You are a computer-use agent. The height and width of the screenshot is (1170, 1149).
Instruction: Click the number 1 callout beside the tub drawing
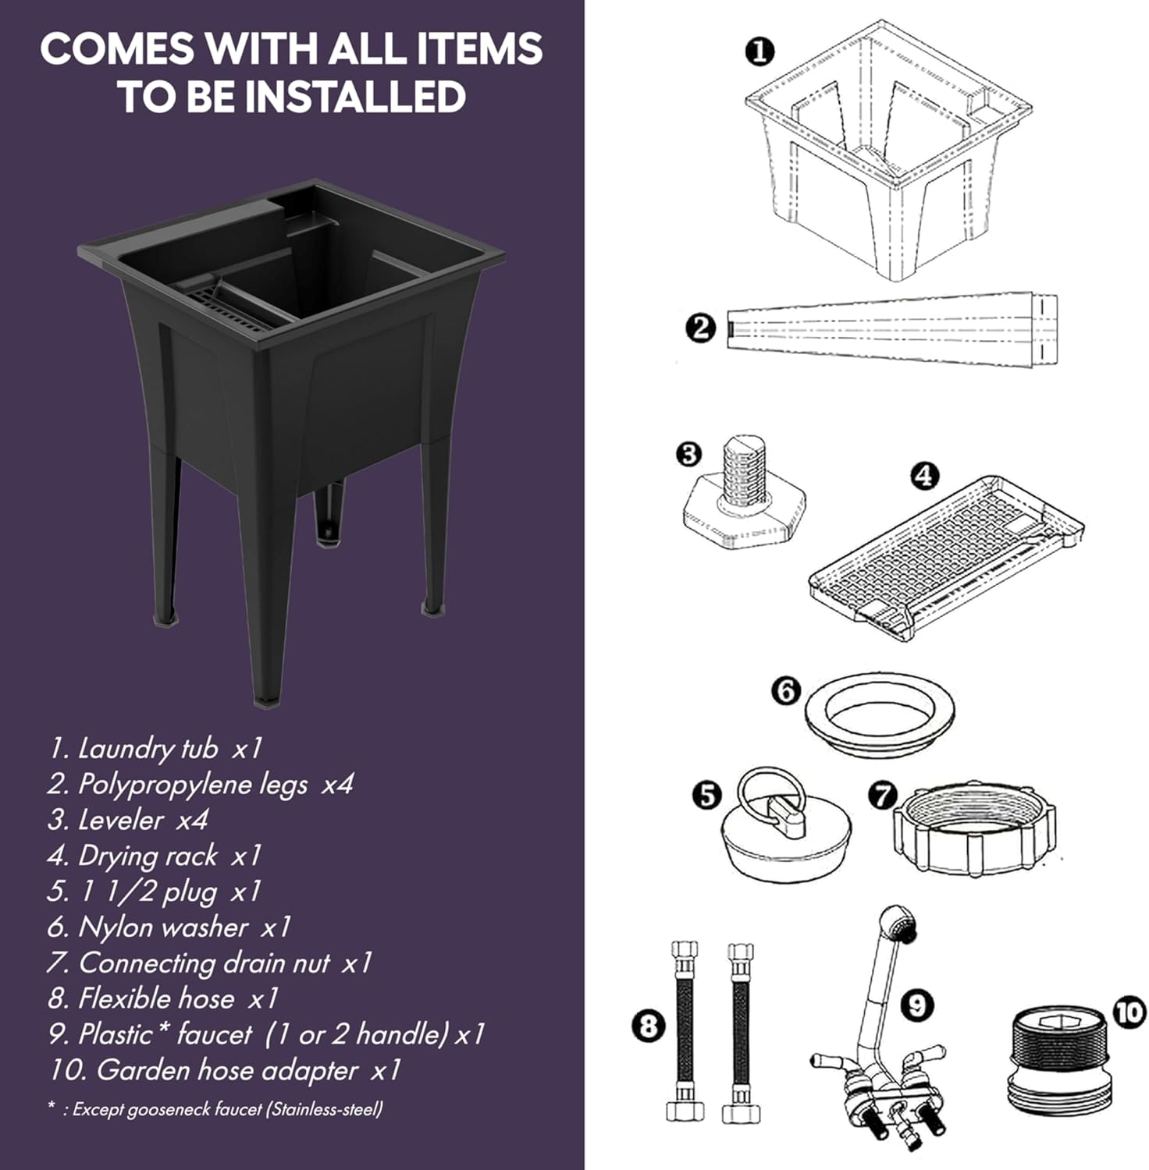tap(759, 51)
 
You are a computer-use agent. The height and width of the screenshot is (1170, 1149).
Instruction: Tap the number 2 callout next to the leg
tap(700, 328)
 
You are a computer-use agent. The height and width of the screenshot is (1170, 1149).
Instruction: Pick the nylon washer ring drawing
tap(879, 714)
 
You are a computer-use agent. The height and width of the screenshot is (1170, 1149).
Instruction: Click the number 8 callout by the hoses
tap(649, 1025)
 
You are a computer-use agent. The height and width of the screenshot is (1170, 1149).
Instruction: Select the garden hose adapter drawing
tap(1054, 1060)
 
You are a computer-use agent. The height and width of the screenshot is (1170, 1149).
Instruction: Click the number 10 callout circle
tap(1129, 1012)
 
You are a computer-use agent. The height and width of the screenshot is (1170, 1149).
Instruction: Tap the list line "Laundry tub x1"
tap(155, 749)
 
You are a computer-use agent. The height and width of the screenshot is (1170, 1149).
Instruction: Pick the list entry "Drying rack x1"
tap(154, 856)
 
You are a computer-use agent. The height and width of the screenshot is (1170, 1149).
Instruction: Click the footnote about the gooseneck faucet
tap(215, 1109)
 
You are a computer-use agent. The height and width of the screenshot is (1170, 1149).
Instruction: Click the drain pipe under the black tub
tap(329, 510)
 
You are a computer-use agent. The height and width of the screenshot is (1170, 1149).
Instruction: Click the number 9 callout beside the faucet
tap(917, 1005)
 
